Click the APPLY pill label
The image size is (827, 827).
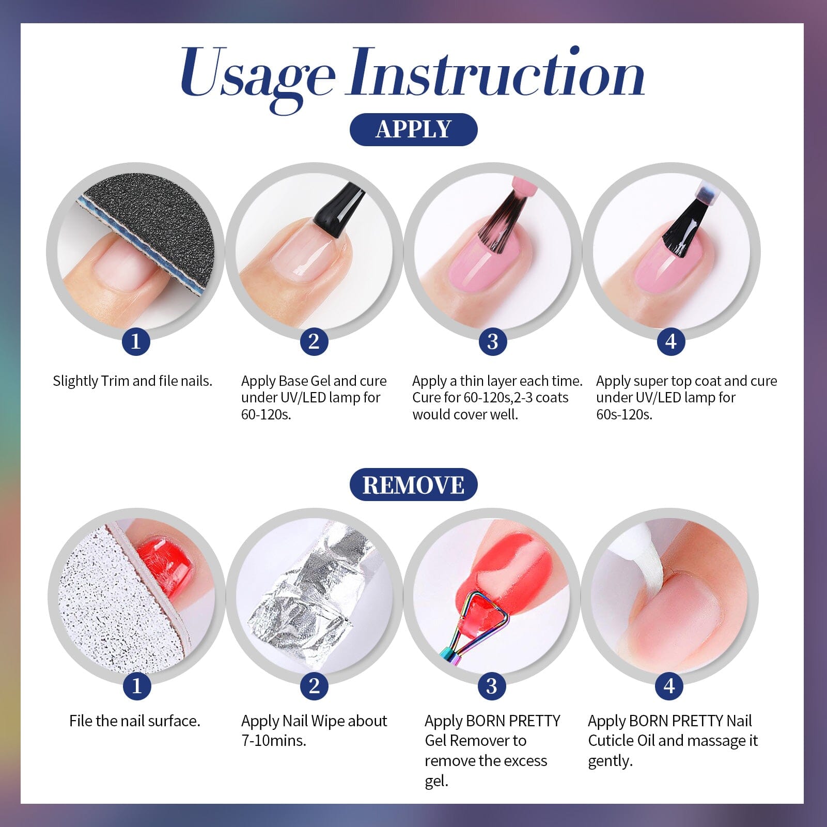(x=413, y=129)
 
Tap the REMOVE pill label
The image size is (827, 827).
(x=413, y=485)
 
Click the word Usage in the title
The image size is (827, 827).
(x=257, y=75)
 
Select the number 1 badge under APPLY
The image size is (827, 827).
(x=136, y=341)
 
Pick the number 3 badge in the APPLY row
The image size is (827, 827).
(x=492, y=341)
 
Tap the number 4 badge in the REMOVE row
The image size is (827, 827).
(x=669, y=686)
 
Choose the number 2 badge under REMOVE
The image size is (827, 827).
(x=314, y=686)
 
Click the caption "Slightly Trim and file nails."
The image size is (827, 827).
(x=133, y=381)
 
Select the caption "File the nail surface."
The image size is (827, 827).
(x=135, y=721)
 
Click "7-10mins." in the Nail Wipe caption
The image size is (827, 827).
(x=274, y=741)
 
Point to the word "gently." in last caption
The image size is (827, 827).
(x=610, y=761)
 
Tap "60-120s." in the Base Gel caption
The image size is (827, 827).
(x=266, y=415)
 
